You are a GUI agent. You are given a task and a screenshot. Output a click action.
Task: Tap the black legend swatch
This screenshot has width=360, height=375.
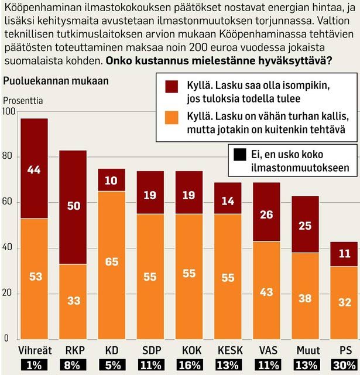[239, 155]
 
